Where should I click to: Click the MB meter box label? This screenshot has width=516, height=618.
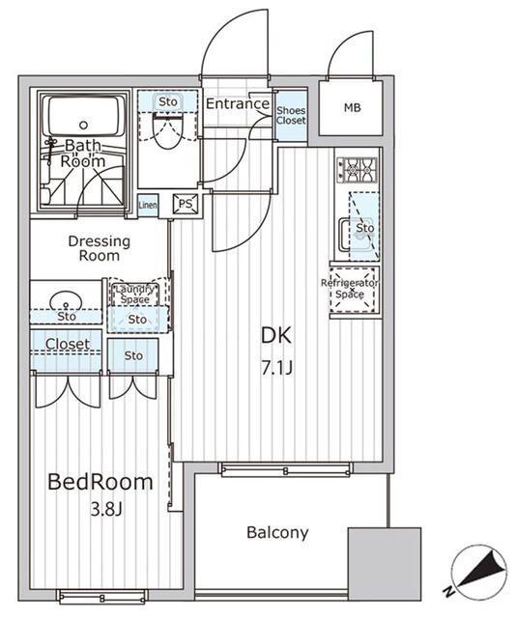[352, 107]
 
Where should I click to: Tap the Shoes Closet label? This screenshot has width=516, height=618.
[291, 116]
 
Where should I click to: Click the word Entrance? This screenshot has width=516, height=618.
[238, 103]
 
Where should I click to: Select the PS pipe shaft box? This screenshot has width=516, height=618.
[186, 204]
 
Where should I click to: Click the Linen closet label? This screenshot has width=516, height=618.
[148, 205]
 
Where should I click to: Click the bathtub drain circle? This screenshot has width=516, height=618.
[83, 126]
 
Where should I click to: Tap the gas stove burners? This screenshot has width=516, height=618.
[357, 170]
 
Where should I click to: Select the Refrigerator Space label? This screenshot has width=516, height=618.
[350, 289]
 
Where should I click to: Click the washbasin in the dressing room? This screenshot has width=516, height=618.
[66, 301]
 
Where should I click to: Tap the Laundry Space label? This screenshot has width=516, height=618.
[134, 294]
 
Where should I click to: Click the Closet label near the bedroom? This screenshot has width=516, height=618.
[68, 344]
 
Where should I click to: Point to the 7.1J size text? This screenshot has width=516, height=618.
[277, 368]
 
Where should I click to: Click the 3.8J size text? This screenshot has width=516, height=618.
[106, 509]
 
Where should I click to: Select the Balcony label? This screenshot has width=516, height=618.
[277, 533]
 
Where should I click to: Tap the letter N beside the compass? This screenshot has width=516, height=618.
[448, 591]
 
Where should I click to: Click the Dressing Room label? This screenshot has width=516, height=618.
[99, 248]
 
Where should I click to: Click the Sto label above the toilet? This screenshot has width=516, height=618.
[168, 101]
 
